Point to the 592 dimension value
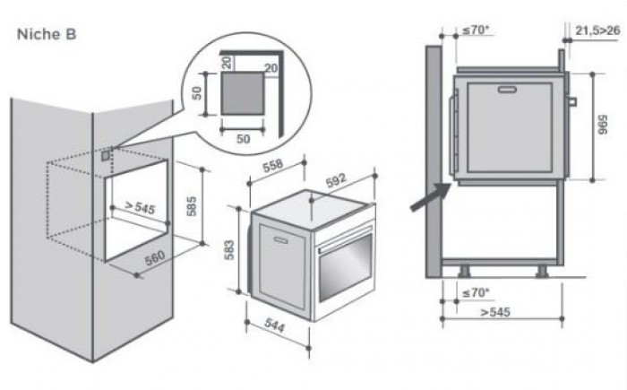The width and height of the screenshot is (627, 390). (335, 179)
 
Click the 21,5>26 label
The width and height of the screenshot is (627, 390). (598, 30)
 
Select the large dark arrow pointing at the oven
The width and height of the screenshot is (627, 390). (428, 196)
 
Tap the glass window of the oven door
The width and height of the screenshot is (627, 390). (343, 273)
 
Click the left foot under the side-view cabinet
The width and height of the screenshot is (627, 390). (465, 267)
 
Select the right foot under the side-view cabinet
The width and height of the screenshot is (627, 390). (544, 267)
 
